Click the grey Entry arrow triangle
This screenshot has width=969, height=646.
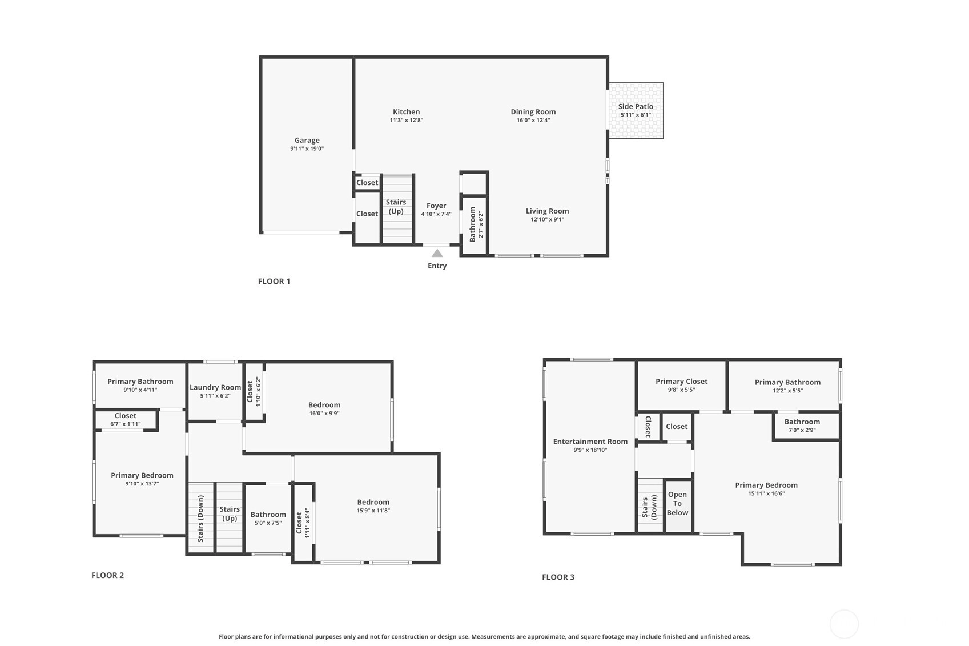pyautogui.click(x=437, y=254)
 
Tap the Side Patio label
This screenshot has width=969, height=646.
pyautogui.click(x=636, y=106)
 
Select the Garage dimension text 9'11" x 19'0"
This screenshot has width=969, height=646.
pyautogui.click(x=307, y=149)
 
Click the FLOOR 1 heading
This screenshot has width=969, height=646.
pyautogui.click(x=274, y=281)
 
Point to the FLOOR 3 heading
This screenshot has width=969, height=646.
pyautogui.click(x=558, y=577)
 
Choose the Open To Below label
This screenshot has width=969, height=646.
pyautogui.click(x=677, y=504)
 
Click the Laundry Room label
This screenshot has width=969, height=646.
pyautogui.click(x=215, y=388)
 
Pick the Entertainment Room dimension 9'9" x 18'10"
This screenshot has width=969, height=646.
pyautogui.click(x=590, y=450)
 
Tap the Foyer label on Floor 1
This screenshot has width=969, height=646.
pyautogui.click(x=436, y=206)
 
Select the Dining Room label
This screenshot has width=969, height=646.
pyautogui.click(x=533, y=111)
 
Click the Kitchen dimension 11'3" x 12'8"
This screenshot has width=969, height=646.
pyautogui.click(x=406, y=121)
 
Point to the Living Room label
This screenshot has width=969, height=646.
pyautogui.click(x=547, y=211)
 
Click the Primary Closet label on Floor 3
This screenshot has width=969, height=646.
pyautogui.click(x=681, y=382)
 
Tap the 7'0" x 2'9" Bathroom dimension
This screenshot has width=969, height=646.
pyautogui.click(x=802, y=430)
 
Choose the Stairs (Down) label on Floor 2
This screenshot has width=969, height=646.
pyautogui.click(x=200, y=519)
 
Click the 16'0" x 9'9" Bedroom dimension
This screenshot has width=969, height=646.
pyautogui.click(x=324, y=414)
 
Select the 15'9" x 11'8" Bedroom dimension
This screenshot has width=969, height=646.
pyautogui.click(x=373, y=511)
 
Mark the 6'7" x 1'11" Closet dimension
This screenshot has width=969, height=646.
pyautogui.click(x=126, y=424)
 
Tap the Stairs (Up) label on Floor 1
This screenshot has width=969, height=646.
pyautogui.click(x=396, y=207)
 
